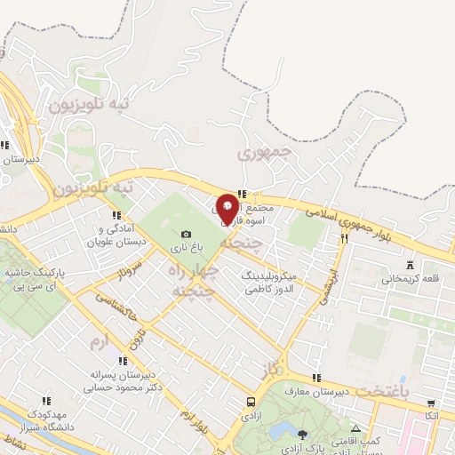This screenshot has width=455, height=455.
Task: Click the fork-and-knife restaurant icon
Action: pos(344,237)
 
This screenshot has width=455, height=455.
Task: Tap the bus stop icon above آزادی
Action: pos(251,402)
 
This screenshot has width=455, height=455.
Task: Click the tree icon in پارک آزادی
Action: pos(302,435)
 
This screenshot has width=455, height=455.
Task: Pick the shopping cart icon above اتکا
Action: pos(431,403)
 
